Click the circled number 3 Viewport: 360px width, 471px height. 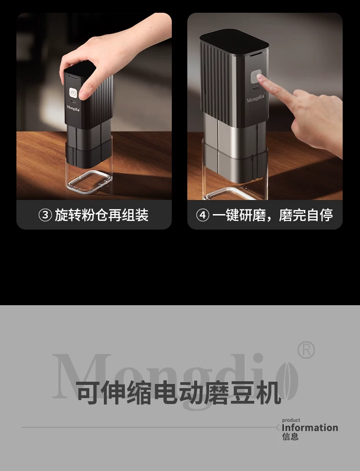[45, 215]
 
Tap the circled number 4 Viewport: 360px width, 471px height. [202, 215]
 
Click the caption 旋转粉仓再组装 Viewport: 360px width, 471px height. [102, 215]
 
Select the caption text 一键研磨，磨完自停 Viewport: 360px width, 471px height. [273, 215]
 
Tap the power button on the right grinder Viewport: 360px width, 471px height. [256, 77]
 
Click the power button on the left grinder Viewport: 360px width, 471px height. [73, 93]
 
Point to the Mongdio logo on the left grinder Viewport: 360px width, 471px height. [73, 108]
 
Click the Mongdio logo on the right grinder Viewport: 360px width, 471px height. [256, 98]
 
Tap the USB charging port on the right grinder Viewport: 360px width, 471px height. [256, 89]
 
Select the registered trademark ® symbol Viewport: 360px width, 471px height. [306, 350]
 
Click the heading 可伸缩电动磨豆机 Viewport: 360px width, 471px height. [179, 392]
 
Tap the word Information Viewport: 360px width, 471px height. [310, 427]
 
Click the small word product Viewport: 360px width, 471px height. [291, 420]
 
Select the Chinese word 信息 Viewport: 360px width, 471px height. [290, 436]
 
